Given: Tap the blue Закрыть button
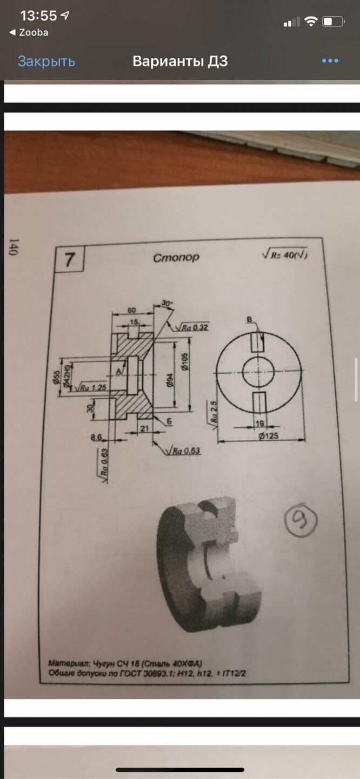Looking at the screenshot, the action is coord(46,62).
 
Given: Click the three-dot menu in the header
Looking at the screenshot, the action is coord(330,61).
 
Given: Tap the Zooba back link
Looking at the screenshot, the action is coord(29,32).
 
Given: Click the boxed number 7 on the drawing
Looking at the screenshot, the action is coord(69,260).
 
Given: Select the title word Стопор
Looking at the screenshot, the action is coord(176,257).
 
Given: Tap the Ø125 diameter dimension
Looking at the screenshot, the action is coord(268,435).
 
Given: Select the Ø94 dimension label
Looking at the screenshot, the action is coord(169,381).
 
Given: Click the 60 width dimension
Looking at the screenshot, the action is coord(131,310).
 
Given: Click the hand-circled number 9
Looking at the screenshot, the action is coord(301,519).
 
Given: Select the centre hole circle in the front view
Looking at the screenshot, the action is coord(258,373).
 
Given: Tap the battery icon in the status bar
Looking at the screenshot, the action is coord(333,22).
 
